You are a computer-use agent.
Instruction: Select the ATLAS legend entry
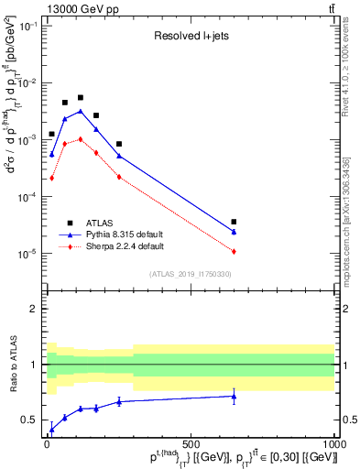point(102,223)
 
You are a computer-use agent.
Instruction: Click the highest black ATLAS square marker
point(81,97)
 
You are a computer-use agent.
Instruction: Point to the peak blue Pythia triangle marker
point(81,111)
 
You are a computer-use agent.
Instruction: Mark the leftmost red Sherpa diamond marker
point(51,178)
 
